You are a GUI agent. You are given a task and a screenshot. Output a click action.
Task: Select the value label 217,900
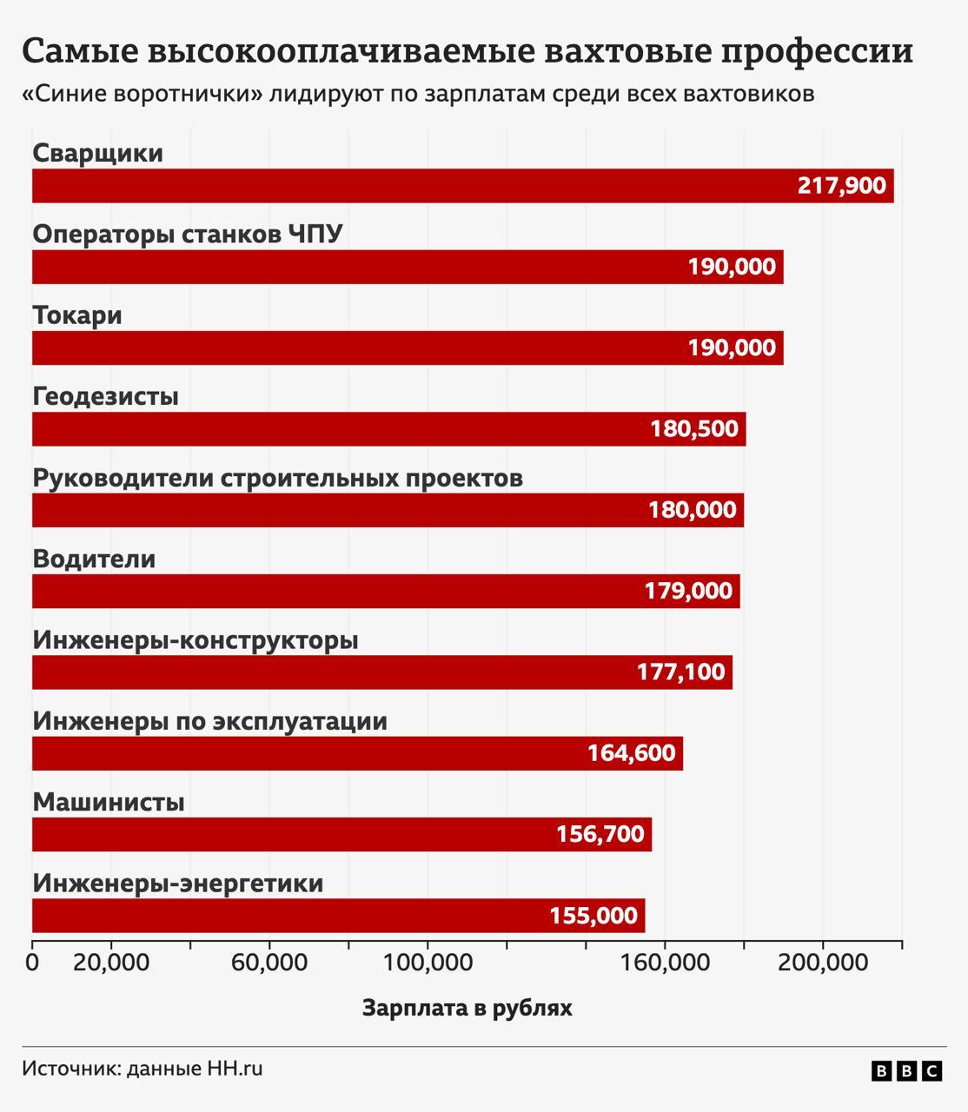841,186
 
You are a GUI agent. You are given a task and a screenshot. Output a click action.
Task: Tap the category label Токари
77,315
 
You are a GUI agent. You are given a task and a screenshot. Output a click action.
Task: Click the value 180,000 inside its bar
693,510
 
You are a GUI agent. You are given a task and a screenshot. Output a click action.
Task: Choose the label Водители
94,559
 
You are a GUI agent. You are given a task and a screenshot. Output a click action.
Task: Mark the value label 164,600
631,752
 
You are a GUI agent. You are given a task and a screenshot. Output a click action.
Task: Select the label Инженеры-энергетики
178,884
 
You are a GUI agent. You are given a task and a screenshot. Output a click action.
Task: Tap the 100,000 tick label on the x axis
428,963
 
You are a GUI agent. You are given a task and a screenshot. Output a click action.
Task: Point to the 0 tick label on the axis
33,963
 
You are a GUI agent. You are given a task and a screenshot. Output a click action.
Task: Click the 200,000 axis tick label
823,963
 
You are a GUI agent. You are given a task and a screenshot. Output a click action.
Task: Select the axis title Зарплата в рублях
467,1009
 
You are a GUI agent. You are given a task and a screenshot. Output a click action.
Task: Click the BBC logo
906,1071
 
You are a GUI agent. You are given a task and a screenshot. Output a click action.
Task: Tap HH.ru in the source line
234,1069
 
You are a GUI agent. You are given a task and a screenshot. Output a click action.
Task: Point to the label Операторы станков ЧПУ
188,235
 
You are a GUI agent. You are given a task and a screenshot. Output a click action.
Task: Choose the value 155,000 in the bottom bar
593,916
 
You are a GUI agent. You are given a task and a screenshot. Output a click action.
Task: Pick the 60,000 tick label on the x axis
269,963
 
